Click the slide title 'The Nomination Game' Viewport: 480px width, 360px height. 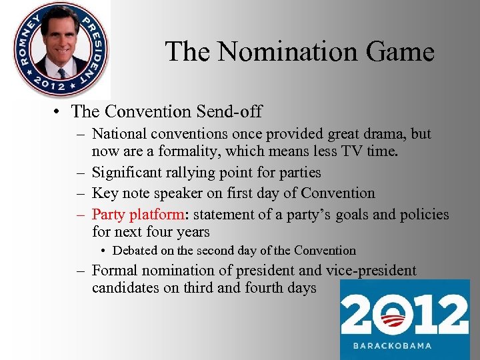299,51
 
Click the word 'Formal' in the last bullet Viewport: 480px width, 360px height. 113,271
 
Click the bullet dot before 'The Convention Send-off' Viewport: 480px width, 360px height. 60,111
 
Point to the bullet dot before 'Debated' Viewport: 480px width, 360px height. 104,251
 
